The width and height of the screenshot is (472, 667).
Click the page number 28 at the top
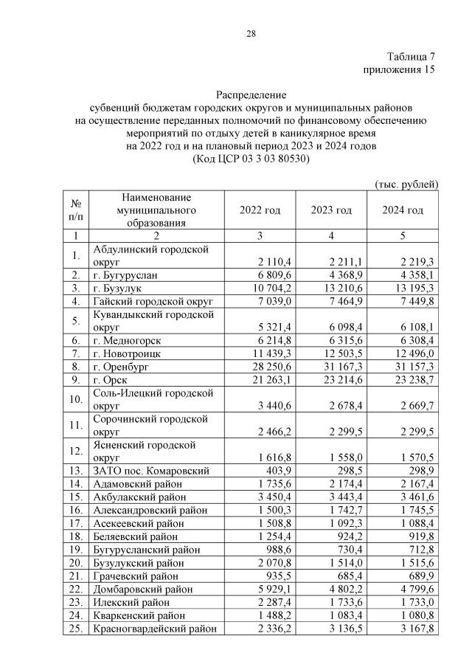pos(251,33)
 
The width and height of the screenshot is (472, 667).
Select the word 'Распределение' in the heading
pos(251,95)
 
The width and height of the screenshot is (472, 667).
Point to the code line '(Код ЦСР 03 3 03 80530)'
pos(251,159)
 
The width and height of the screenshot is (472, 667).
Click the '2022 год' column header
pos(260,210)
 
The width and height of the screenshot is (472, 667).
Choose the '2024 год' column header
pos(403,210)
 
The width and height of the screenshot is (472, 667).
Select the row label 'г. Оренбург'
pos(121,367)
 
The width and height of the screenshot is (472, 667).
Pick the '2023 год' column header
pos(331,210)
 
